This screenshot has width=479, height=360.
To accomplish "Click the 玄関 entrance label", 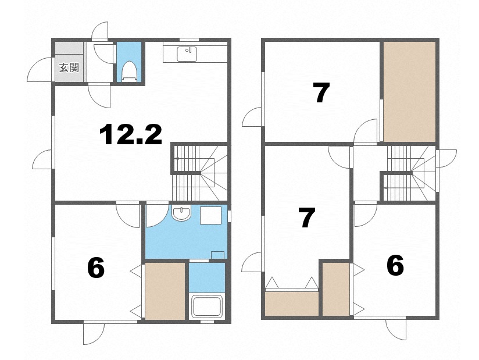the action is point(69,67).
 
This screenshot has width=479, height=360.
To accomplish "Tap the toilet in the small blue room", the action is point(129,72).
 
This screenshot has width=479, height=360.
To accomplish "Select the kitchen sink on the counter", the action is point(187,54).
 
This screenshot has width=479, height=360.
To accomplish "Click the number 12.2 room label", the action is point(130,134).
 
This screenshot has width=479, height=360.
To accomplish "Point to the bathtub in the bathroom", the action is point(207,306).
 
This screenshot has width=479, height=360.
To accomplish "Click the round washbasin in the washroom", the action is point(181,213).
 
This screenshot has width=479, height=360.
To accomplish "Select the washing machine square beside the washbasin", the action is point(210,215).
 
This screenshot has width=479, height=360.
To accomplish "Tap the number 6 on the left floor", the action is point(96,268).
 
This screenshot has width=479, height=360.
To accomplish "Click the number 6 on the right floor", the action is point(395,265).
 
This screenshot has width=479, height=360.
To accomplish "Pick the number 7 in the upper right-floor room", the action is point(321,92).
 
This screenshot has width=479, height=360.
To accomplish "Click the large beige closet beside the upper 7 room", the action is point(409,92).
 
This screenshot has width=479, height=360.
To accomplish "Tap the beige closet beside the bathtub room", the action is point(165,291).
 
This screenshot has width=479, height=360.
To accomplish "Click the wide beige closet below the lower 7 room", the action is point(292,304).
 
